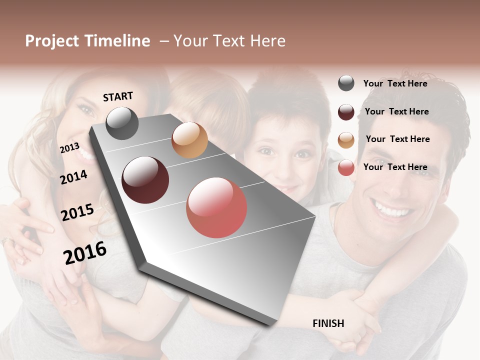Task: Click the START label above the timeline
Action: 118,96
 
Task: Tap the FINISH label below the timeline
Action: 328,323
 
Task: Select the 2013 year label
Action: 69,147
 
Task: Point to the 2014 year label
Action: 73,177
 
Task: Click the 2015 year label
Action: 77,212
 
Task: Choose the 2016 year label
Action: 85,252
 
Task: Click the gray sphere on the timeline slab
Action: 122,123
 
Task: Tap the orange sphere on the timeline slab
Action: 189,140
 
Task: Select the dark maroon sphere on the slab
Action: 145,180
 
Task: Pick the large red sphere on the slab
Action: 216,207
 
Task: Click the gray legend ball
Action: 346,83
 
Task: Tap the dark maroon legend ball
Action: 346,112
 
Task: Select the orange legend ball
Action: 346,140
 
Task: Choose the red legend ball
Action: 346,167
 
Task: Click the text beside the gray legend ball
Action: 395,83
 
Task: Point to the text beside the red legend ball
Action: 395,167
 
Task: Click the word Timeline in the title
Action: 117,41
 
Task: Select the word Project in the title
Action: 51,41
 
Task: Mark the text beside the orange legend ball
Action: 397,139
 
